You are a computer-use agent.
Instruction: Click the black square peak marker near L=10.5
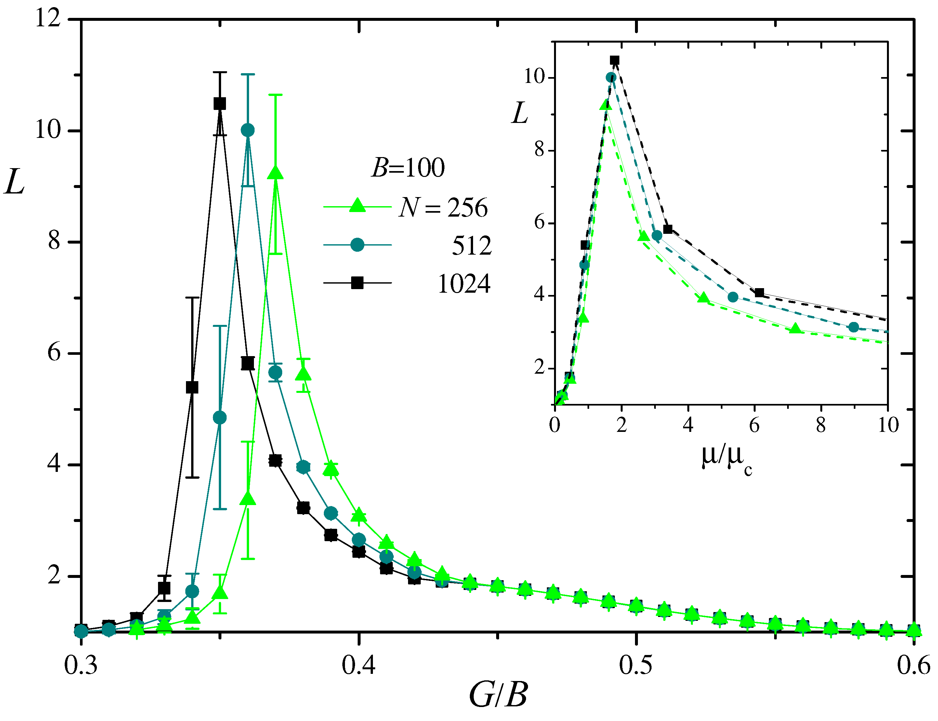coord(220,103)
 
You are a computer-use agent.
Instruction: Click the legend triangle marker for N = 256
coord(357,205)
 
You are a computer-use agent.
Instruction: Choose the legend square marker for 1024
coord(357,283)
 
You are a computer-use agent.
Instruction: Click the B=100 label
coord(408,167)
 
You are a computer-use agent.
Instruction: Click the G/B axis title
coord(498,695)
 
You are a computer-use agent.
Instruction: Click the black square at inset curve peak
coord(614,60)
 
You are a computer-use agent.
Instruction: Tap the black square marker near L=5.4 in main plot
coord(192,387)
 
